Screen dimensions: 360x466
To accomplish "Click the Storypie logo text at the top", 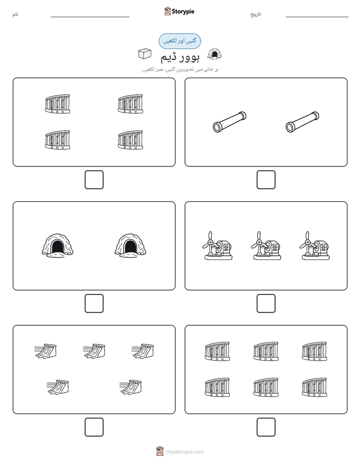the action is tap(183, 12).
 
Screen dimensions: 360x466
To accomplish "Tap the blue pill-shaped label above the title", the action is tap(179, 41).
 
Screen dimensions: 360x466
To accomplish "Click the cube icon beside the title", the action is tap(145, 53).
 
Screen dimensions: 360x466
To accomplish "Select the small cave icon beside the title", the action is tap(214, 54).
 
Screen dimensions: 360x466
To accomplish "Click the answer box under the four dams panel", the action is tap(94, 180).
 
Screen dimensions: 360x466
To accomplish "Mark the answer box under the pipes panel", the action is tap(266, 180).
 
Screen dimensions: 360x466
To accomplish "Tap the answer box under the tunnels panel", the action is tap(94, 303).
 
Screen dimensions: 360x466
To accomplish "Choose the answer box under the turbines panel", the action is tap(266, 303).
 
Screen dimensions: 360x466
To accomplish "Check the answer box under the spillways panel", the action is tap(94, 427).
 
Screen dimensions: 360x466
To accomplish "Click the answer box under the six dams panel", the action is tap(266, 427).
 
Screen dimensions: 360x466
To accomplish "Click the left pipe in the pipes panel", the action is tap(229, 122).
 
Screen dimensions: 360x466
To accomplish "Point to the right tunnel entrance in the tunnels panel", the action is tap(131, 245).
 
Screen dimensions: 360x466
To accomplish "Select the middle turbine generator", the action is tap(266, 246).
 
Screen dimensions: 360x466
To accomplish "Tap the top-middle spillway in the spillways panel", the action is tap(94, 351).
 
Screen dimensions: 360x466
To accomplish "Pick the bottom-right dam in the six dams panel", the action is tap(315, 387).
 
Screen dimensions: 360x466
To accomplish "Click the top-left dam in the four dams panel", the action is tap(57, 104).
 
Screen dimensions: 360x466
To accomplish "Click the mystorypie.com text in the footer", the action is tap(185, 452).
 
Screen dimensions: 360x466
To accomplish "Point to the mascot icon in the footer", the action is tap(160, 451).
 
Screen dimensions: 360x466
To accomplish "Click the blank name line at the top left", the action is tap(90, 17).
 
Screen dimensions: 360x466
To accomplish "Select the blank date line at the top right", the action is tap(317, 17).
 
